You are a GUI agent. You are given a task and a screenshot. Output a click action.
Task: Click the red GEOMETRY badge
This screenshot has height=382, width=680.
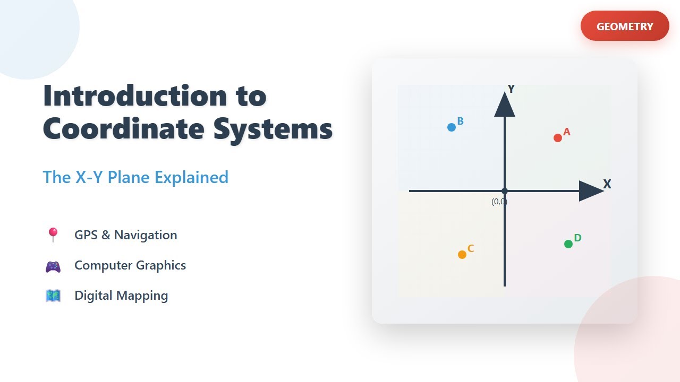(625, 26)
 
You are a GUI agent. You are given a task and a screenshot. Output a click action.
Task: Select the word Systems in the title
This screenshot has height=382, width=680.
(273, 129)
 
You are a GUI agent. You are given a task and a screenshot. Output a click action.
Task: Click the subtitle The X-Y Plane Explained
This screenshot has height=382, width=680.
(135, 177)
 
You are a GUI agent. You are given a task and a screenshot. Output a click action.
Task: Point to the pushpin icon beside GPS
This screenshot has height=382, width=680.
(53, 235)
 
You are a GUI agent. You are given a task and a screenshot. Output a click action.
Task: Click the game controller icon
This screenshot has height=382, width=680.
(53, 266)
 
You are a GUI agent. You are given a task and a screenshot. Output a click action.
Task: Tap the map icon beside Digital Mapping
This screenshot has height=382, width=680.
(53, 296)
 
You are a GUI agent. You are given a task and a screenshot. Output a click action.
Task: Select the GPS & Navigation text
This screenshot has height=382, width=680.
(126, 235)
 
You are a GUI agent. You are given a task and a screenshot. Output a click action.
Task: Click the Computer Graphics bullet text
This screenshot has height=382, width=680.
(130, 265)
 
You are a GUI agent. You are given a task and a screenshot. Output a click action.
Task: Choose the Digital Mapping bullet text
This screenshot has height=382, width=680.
(121, 296)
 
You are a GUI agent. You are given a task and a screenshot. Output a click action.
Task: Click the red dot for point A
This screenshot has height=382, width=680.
(558, 138)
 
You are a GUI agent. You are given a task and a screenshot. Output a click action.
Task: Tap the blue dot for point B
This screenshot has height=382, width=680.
(452, 127)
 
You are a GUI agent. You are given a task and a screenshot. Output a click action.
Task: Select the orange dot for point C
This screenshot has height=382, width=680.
(462, 255)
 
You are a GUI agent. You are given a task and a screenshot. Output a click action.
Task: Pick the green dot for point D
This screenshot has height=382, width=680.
(568, 244)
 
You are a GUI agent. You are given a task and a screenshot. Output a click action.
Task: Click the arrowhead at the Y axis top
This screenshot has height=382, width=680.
(505, 105)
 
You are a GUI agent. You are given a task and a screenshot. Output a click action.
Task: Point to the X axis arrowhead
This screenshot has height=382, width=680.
(590, 191)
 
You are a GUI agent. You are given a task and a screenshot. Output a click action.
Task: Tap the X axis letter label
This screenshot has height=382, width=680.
(607, 184)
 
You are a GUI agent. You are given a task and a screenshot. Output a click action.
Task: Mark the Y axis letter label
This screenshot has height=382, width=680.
(511, 89)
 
